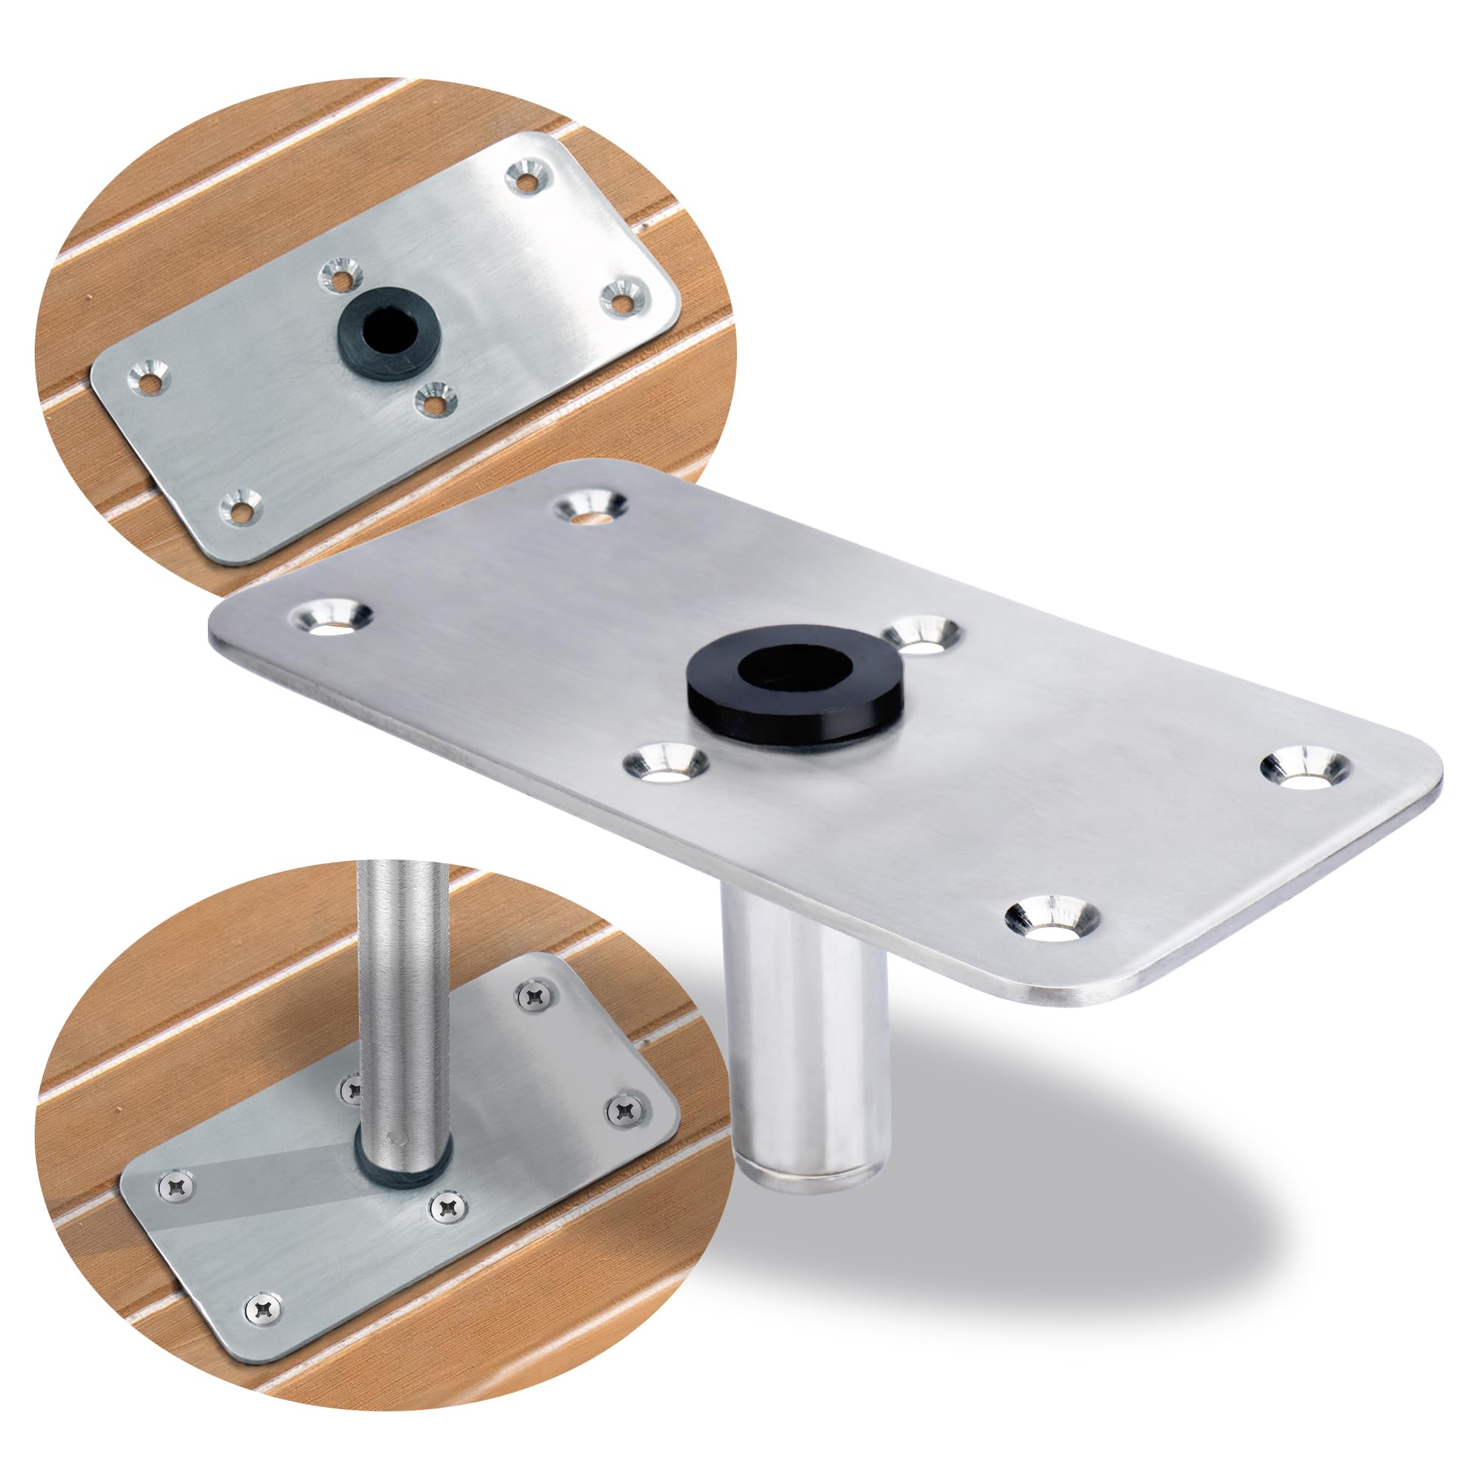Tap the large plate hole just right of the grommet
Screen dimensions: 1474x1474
(x=923, y=634)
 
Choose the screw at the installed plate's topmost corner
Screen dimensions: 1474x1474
(x=536, y=995)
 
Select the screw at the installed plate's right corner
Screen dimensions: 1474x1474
(x=626, y=1110)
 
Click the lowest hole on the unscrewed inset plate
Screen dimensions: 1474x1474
(x=240, y=507)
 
